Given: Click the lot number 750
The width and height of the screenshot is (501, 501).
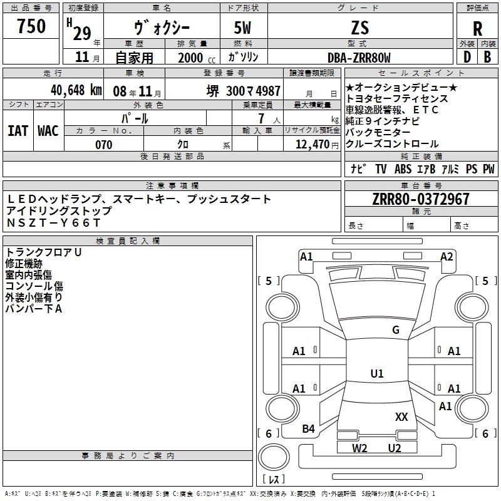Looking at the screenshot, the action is point(31,26).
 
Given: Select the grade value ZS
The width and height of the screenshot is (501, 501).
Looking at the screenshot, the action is point(360,28).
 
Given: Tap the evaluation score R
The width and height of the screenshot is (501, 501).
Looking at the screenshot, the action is point(477,29).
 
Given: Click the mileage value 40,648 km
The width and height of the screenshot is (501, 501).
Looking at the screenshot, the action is point(76,90).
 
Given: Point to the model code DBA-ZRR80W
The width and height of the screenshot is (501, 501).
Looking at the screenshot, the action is point(359,58).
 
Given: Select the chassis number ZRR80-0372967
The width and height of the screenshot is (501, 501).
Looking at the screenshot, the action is point(421,199).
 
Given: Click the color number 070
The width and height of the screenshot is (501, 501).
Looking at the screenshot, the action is point(104,145).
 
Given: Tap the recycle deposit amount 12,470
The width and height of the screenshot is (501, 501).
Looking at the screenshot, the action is point(312,144).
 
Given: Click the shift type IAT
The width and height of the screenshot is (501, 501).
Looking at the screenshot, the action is point(18,131).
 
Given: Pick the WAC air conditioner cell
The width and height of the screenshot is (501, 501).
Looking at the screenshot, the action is point(48,131).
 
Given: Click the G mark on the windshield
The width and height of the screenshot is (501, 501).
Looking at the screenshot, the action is point(396,329).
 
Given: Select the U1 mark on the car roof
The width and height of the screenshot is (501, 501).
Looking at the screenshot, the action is point(377,373).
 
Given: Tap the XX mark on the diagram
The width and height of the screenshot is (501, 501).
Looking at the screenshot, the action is point(401,416).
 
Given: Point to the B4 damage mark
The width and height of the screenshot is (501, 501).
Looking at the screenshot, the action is point(308,428).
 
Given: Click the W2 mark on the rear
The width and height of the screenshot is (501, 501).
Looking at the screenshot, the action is point(359,448).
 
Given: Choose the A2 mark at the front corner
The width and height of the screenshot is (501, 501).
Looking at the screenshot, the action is point(447,257).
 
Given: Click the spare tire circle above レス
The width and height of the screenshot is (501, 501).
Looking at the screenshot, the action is point(274,457).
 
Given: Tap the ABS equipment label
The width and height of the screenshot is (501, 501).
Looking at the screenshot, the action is point(403,169).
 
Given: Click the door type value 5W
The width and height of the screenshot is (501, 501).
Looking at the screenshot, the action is point(242,28).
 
